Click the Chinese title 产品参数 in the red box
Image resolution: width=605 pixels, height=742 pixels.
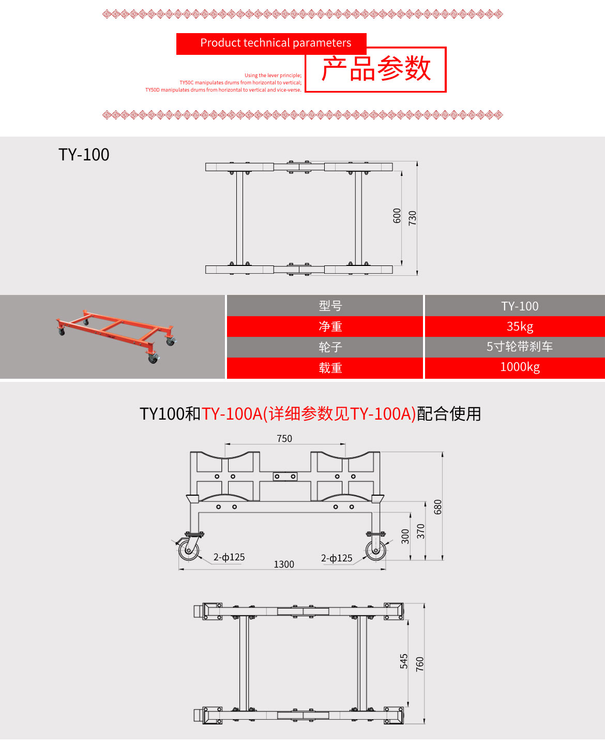[376, 69]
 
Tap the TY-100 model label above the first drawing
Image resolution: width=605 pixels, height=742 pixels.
[84, 155]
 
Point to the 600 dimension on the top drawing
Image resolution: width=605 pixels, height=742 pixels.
[397, 215]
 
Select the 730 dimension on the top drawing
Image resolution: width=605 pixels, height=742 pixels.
[412, 217]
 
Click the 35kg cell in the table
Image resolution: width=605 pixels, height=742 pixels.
[520, 327]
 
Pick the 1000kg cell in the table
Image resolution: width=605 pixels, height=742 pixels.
[520, 367]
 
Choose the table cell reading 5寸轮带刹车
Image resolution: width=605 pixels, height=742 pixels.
[520, 347]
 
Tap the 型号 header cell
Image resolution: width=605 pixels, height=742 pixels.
[330, 306]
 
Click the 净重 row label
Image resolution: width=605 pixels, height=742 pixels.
[330, 327]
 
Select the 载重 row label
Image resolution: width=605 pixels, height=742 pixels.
[330, 368]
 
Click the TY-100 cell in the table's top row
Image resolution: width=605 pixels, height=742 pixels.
[520, 306]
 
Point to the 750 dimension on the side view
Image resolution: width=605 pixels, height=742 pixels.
[284, 439]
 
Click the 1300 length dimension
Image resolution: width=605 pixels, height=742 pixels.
[284, 565]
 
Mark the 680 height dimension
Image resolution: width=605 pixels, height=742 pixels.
[438, 507]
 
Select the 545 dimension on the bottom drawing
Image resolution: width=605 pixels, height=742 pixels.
[404, 661]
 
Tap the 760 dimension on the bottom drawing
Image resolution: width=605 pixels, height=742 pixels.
[419, 664]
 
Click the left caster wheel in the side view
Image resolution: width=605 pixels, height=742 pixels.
[189, 550]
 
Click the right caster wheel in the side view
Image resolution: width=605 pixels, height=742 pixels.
[376, 550]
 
